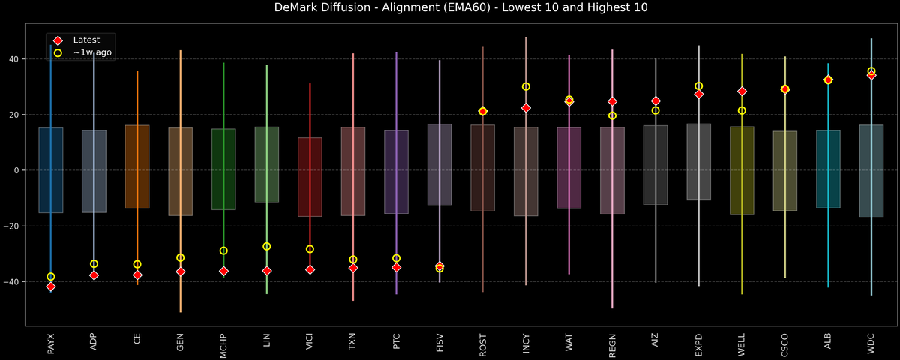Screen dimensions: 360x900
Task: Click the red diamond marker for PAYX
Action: (50, 286)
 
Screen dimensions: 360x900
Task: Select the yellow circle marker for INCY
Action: (526, 86)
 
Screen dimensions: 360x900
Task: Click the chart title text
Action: (449, 8)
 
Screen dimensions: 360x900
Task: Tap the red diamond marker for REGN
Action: (612, 101)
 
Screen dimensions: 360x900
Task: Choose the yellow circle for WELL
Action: (742, 110)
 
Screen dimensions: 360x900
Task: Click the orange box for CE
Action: (136, 166)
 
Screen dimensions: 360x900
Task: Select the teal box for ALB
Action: (828, 169)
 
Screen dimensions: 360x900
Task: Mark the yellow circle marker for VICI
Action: (310, 249)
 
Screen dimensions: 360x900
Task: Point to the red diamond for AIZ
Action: (655, 100)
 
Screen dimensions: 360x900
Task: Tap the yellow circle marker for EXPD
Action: (698, 86)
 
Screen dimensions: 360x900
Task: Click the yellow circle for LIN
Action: (266, 246)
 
